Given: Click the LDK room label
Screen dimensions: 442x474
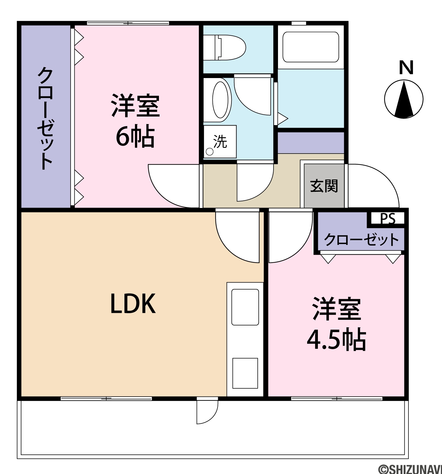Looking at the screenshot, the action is tap(133, 304).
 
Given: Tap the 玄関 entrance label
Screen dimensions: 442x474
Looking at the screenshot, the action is tap(324, 186).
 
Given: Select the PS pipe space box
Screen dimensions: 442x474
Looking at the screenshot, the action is tap(388, 218).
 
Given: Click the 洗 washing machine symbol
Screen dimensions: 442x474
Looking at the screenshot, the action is tap(220, 142).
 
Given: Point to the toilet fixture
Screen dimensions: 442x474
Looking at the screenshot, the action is tap(224, 48).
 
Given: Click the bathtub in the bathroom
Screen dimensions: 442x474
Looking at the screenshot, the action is tap(311, 47).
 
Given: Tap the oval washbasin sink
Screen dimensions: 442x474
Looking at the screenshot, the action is tap(220, 100).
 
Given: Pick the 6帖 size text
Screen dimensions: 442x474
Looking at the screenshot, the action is tap(135, 136).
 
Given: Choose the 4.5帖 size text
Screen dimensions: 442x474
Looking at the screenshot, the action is tap(336, 340).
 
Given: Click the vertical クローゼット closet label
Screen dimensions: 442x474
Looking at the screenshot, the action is tap(45, 118).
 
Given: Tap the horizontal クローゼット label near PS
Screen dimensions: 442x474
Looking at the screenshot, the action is tap(361, 240).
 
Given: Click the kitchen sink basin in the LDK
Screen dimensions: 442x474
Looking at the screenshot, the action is tap(245, 307).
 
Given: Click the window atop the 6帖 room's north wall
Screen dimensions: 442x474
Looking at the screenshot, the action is tap(128, 23).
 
